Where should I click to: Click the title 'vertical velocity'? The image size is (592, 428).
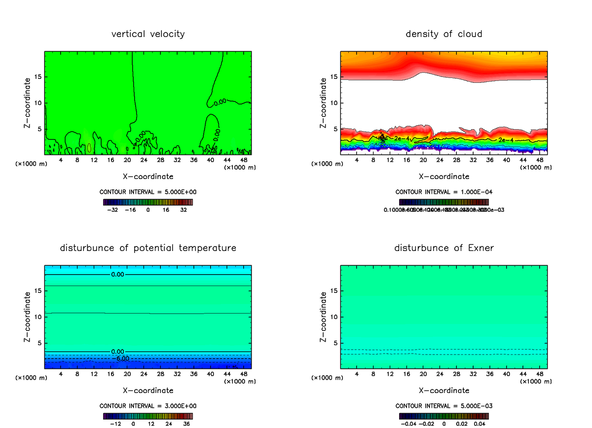(148, 34)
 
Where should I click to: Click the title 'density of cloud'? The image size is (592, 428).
(444, 34)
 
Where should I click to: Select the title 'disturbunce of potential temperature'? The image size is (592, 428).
(148, 248)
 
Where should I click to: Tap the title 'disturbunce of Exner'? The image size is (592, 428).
(444, 248)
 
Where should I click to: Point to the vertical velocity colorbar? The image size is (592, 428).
(148, 202)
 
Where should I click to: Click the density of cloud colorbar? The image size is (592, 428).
(444, 202)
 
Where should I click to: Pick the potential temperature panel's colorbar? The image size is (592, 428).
(148, 416)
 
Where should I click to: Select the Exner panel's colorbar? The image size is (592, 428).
(444, 416)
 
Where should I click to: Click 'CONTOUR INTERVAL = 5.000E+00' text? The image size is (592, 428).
(148, 192)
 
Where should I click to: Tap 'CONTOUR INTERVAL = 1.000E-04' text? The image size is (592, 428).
(444, 192)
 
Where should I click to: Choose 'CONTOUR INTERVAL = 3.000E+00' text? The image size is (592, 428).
(148, 406)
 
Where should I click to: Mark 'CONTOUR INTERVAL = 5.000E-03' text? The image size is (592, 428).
(444, 406)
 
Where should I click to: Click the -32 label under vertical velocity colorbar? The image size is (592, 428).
(112, 210)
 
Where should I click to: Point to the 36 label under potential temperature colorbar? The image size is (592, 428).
(186, 424)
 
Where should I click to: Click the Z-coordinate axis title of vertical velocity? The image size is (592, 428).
(28, 103)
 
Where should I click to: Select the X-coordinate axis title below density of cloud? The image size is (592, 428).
(444, 177)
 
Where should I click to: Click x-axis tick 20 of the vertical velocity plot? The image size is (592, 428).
(127, 160)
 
